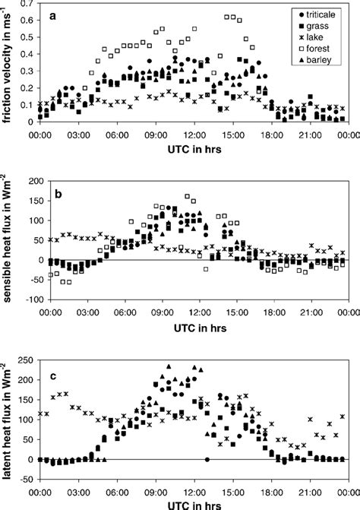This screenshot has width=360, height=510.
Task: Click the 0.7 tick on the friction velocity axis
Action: click(26, 3)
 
